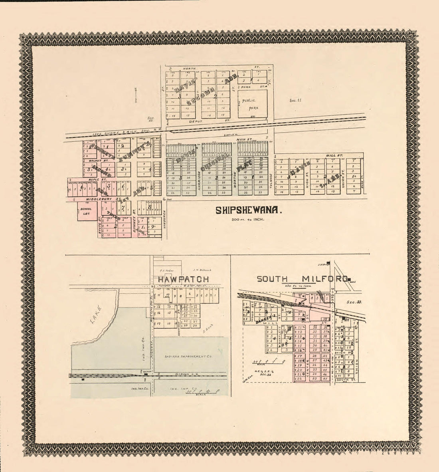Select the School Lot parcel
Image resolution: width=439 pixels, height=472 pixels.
(x=85, y=211)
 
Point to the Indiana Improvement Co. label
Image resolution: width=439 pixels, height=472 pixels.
(x=184, y=356)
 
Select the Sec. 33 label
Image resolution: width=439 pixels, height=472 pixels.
(x=354, y=302)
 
